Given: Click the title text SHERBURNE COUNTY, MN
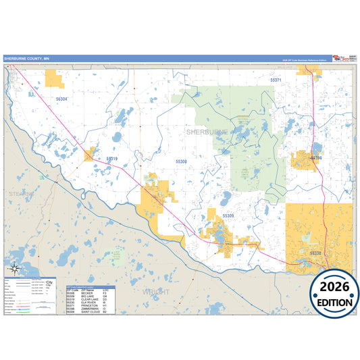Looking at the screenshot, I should pyautogui.click(x=26, y=59).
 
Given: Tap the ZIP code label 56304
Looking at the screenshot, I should pyautogui.click(x=61, y=99).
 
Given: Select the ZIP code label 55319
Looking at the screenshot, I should pyautogui.click(x=112, y=159).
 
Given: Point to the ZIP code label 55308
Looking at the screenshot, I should pyautogui.click(x=181, y=162).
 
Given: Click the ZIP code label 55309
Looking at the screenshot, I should pyautogui.click(x=228, y=215).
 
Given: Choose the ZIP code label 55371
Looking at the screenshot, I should pyautogui.click(x=276, y=80).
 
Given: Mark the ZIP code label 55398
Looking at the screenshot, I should pyautogui.click(x=315, y=158).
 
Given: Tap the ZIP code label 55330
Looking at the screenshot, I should pyautogui.click(x=315, y=253).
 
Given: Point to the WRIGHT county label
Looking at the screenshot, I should pyautogui.click(x=156, y=292).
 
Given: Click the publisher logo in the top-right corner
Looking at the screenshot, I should pyautogui.click(x=342, y=59).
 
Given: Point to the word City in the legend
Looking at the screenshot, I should pyautogui.click(x=49, y=282).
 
